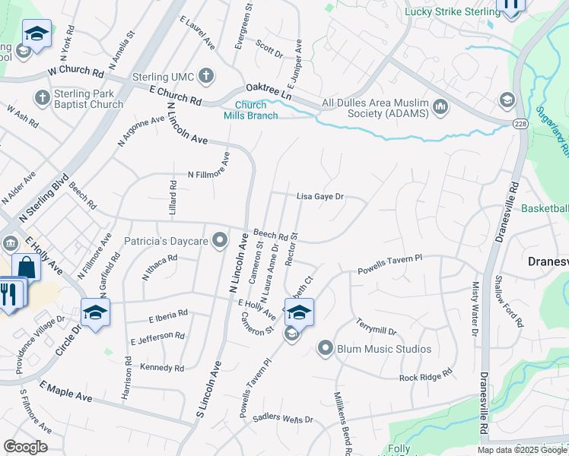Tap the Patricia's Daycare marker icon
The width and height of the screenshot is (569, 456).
point(221,242)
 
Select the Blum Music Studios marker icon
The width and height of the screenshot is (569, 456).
point(326,349)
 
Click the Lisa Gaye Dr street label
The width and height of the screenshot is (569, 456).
point(320,196)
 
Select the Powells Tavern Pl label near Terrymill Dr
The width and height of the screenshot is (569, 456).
point(389,265)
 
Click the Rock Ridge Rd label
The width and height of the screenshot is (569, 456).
point(426,375)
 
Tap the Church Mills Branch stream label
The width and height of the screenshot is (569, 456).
point(250,110)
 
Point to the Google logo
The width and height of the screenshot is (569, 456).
point(26,447)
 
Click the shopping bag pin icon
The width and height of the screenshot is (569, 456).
point(26,268)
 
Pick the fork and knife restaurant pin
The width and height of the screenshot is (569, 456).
point(8,294)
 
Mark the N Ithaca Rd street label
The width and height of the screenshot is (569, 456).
point(159,267)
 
